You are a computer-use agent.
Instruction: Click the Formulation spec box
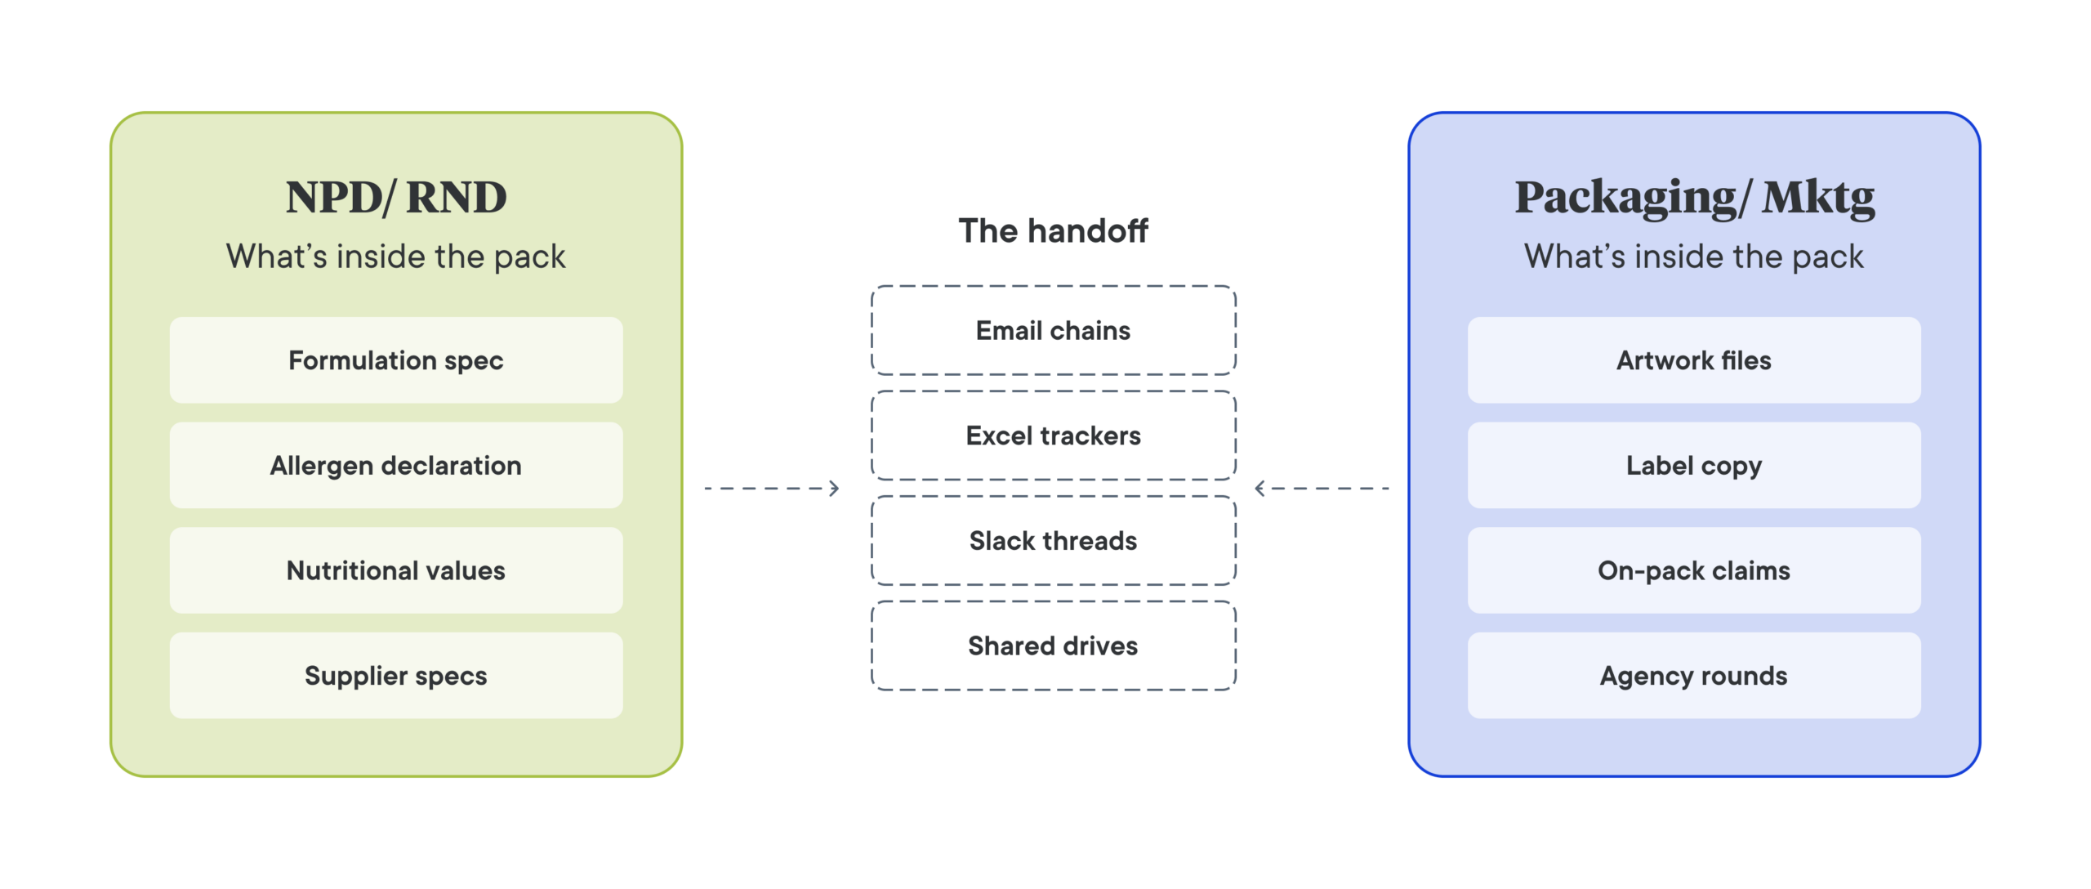[x=396, y=360]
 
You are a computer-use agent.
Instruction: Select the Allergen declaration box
[x=396, y=465]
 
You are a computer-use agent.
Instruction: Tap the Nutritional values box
[x=396, y=570]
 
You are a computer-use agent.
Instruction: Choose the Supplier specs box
[x=396, y=676]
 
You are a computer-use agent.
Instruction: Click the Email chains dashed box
[x=1054, y=330]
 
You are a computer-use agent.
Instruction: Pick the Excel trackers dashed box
[x=1054, y=436]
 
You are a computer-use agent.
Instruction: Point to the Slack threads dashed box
[x=1054, y=540]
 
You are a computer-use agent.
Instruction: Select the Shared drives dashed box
[x=1054, y=646]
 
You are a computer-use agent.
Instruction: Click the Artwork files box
[x=1694, y=360]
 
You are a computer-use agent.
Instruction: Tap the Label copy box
[x=1694, y=465]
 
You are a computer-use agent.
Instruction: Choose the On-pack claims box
[x=1694, y=570]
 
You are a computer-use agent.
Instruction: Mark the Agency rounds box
[x=1694, y=676]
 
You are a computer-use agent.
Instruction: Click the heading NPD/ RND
[x=396, y=198]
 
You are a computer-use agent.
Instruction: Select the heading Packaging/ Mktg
[x=1695, y=199]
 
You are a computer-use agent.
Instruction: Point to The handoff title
[x=1054, y=230]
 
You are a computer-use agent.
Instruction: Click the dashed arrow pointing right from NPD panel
[x=772, y=489]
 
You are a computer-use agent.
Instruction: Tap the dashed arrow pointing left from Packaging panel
[x=1322, y=489]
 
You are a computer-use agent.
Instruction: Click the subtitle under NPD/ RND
[x=396, y=257]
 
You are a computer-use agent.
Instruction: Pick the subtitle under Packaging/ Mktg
[x=1694, y=257]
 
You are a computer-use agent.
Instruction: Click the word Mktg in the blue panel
[x=1818, y=199]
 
